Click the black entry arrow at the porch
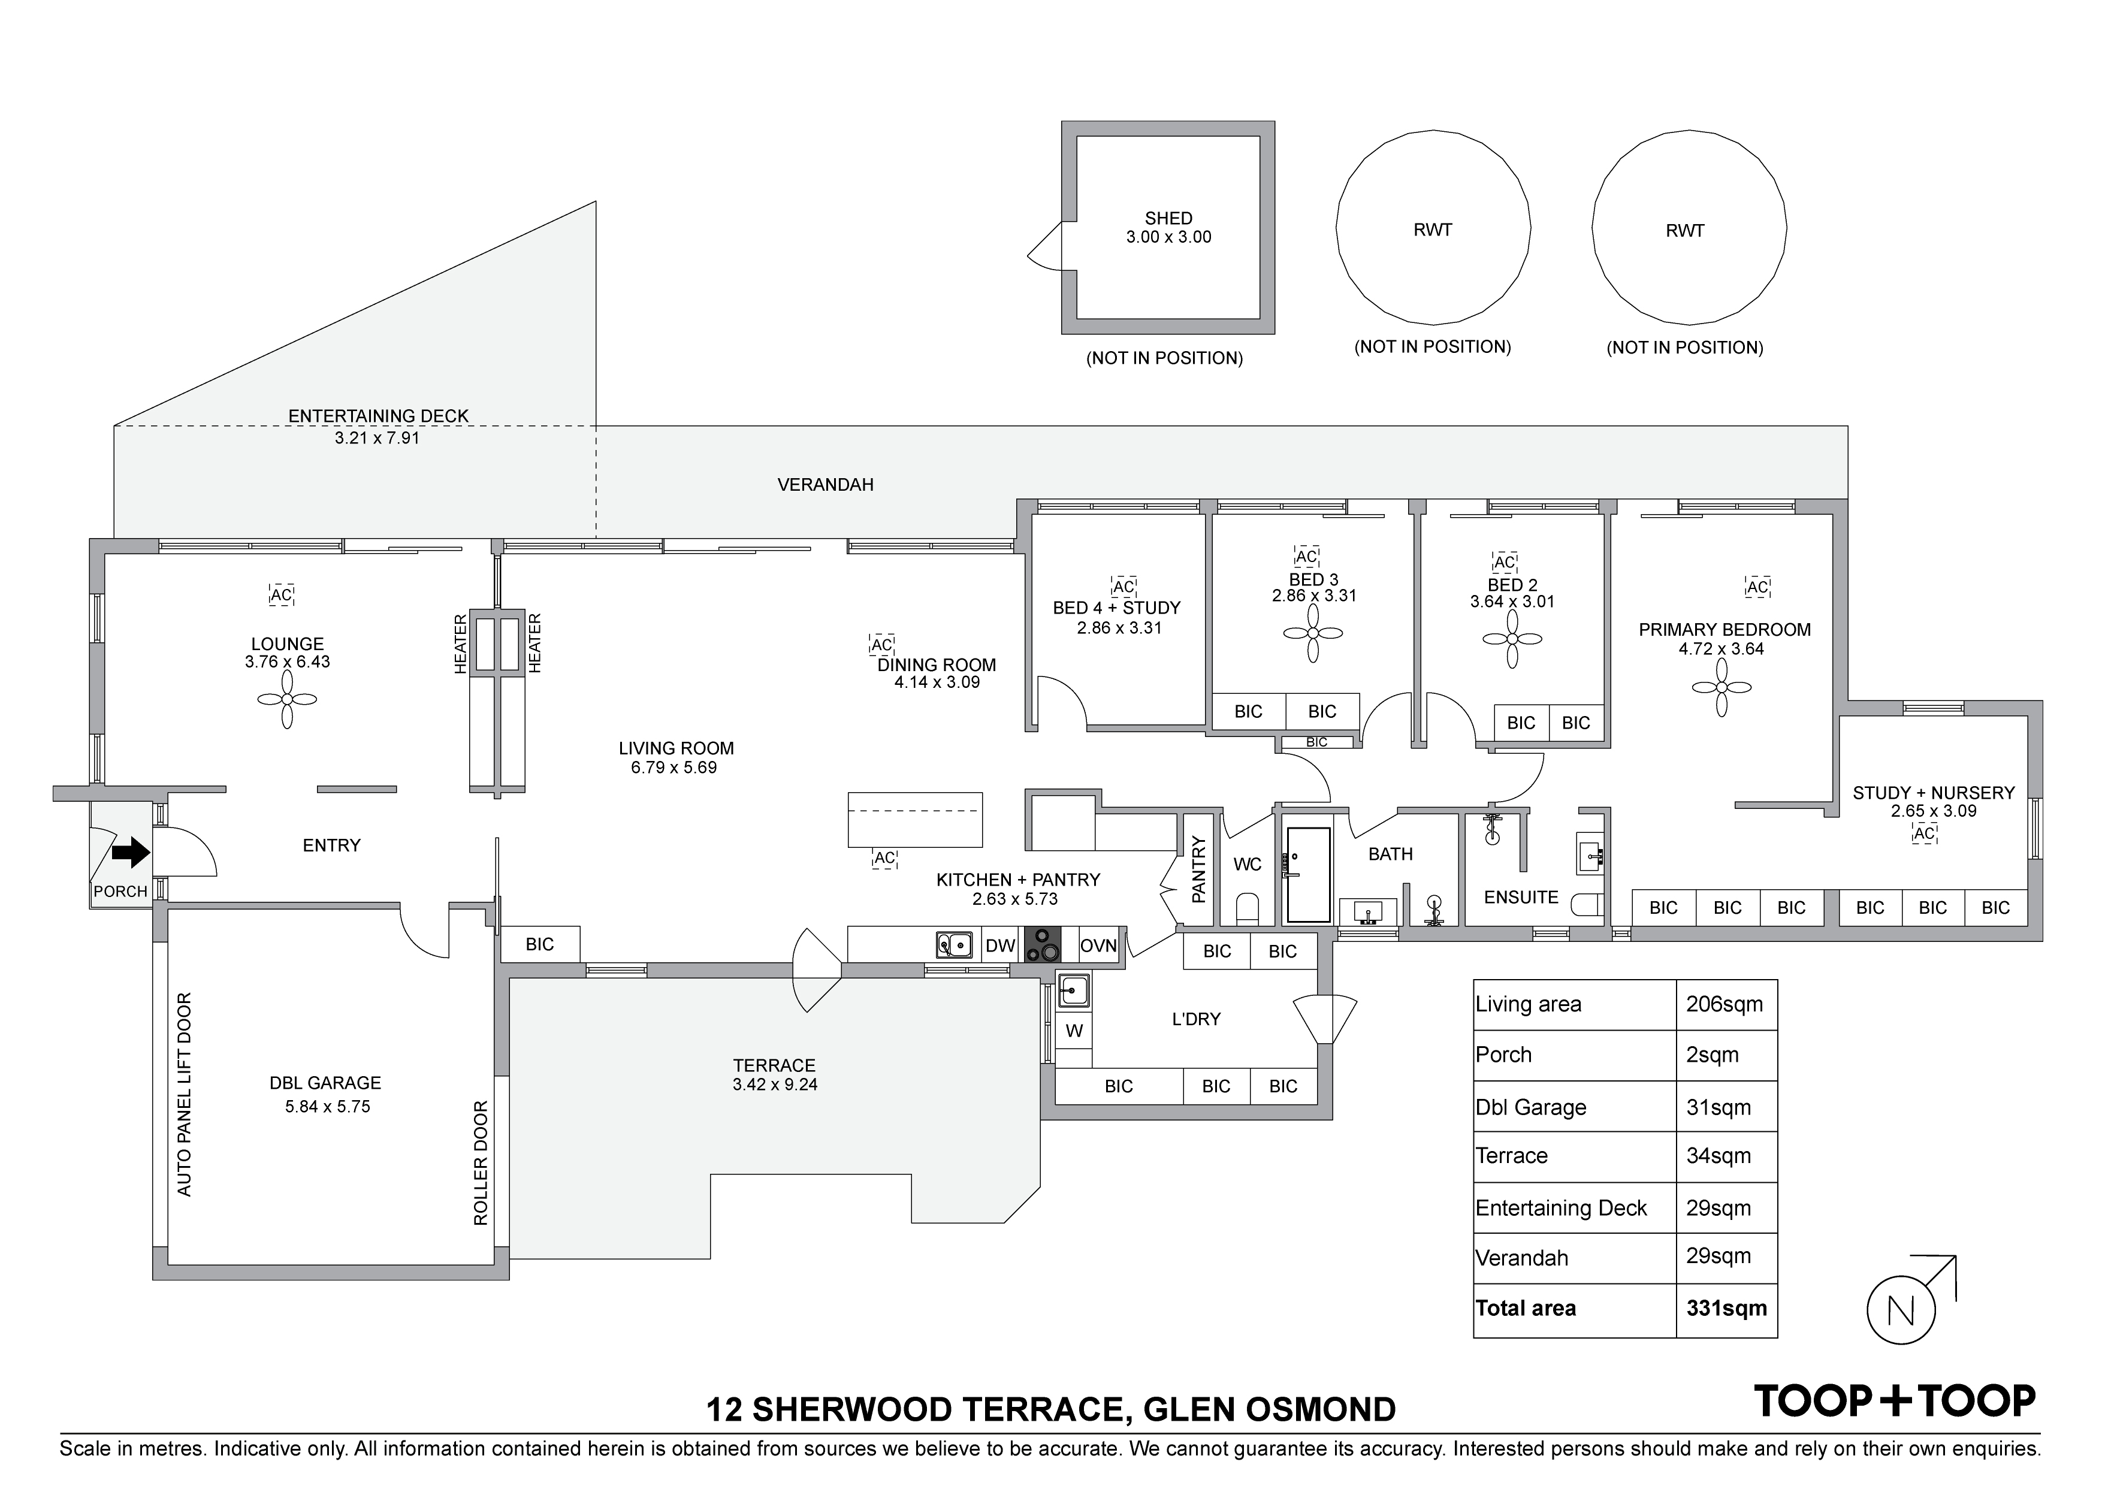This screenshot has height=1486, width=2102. pos(131,853)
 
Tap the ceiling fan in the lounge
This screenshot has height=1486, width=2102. pos(288,699)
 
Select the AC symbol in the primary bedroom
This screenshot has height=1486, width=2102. pos(1757,587)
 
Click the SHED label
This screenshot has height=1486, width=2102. pos(1168,219)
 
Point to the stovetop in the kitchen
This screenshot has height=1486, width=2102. pos(1042,945)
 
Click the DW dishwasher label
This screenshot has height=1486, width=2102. pos(1001,946)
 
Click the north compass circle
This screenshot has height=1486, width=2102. pos(1901,1310)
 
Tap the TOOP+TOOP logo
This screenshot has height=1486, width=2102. pos(1894,1402)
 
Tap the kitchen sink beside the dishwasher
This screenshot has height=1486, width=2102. pos(954,945)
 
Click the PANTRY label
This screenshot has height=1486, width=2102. pos(1198,870)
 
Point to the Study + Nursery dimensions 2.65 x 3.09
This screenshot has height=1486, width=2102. pos(1934,811)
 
